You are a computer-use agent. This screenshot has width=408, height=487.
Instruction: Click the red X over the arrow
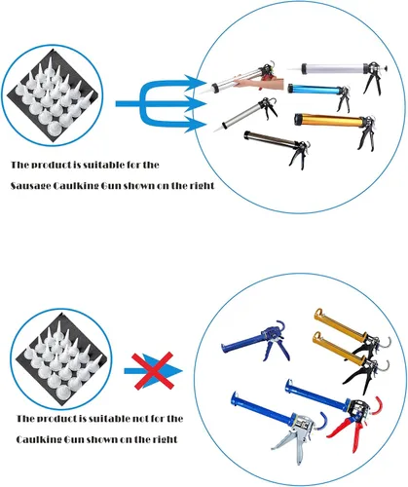tap(152, 371)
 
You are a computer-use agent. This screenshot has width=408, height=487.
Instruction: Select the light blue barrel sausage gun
tap(318, 94)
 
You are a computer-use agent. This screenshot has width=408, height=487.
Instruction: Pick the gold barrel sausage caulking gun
tap(334, 126)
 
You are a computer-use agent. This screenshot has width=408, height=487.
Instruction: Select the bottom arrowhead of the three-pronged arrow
tap(196, 125)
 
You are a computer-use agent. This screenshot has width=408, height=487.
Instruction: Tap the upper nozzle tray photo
tap(52, 95)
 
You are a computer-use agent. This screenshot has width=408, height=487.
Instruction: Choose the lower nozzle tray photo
tap(61, 359)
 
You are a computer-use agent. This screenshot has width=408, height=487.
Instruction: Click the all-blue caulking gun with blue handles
tap(256, 341)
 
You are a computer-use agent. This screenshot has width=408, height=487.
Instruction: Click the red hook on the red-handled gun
tap(377, 405)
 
